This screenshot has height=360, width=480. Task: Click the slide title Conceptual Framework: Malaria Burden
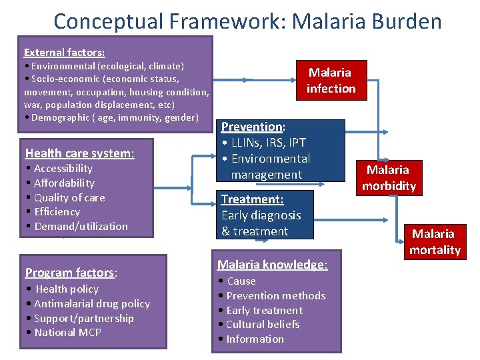[x=247, y=21]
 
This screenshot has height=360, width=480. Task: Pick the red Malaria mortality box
[x=435, y=241]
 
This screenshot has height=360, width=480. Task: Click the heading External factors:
[x=64, y=52]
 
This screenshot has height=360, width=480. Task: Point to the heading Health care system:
[x=79, y=153]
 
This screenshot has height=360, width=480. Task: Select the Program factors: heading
[x=71, y=272]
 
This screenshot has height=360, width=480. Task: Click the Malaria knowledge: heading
[x=272, y=265]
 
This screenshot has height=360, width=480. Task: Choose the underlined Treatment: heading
[x=252, y=199]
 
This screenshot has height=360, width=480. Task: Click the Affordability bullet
[x=64, y=183]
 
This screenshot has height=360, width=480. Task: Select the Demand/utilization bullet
[x=81, y=226]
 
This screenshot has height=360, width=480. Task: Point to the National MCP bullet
[x=67, y=332]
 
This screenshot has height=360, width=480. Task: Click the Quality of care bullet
[x=69, y=197]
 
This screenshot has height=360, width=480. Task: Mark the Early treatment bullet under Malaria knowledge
[x=264, y=310]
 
